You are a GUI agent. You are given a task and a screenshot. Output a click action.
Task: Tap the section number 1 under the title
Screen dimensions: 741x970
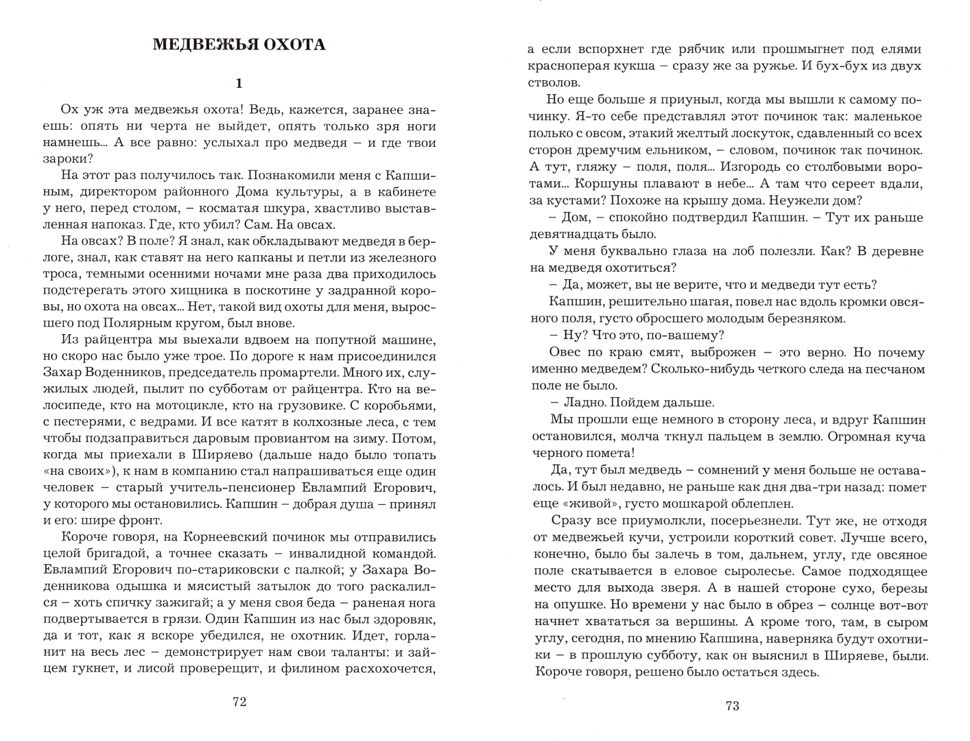pyautogui.click(x=239, y=84)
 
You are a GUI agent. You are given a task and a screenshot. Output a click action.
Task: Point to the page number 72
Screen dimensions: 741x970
pyautogui.click(x=239, y=701)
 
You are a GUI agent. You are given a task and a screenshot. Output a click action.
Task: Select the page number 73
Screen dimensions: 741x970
pyautogui.click(x=732, y=706)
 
